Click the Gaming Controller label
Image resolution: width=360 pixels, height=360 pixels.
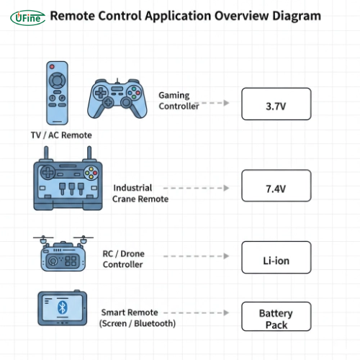(178, 102)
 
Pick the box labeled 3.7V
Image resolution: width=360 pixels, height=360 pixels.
(276, 104)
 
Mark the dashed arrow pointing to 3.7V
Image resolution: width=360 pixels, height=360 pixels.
(212, 103)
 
